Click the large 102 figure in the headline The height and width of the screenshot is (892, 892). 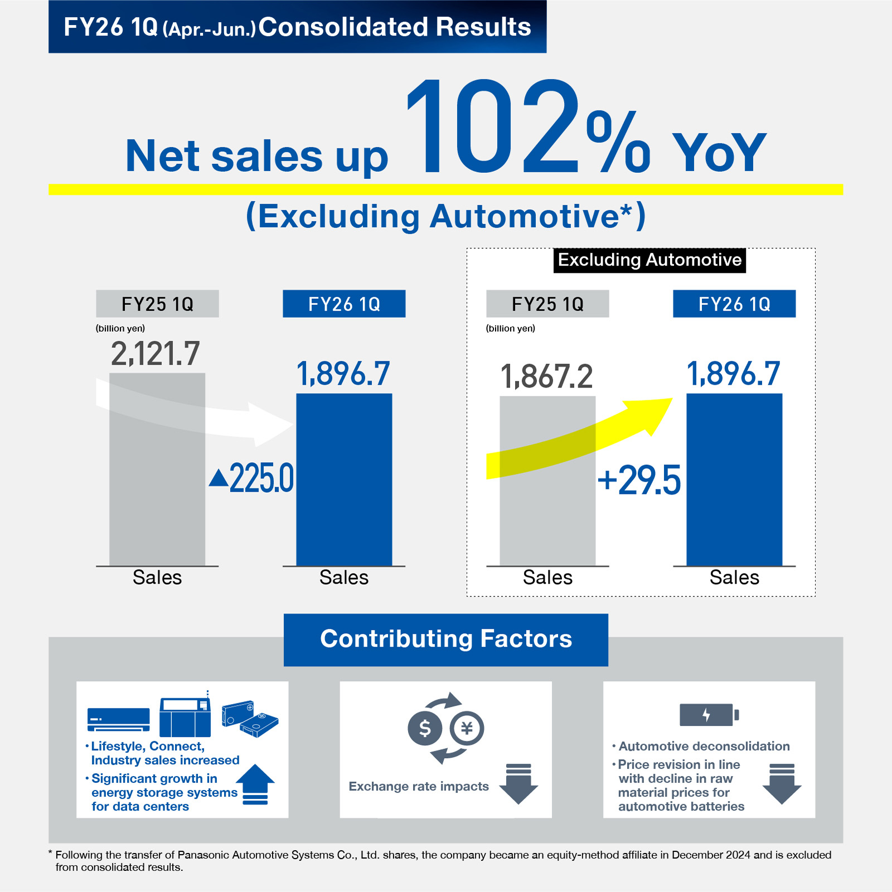(x=493, y=127)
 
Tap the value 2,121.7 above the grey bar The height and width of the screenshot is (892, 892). (x=156, y=354)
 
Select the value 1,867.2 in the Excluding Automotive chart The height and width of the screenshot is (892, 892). (x=547, y=376)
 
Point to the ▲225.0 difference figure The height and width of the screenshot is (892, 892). (x=252, y=478)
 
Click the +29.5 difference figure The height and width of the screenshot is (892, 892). (x=639, y=481)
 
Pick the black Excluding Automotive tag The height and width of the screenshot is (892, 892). (x=649, y=260)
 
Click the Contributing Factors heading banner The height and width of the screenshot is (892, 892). (x=446, y=639)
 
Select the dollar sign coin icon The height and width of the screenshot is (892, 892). (x=425, y=728)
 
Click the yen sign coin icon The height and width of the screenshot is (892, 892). (x=467, y=728)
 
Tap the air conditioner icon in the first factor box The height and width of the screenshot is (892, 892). (x=119, y=719)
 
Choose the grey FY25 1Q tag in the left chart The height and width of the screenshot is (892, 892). (x=157, y=304)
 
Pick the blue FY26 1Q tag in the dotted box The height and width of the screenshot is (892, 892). (x=734, y=304)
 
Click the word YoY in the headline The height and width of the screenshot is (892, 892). (x=719, y=153)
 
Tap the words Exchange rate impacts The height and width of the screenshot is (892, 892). (x=419, y=786)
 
